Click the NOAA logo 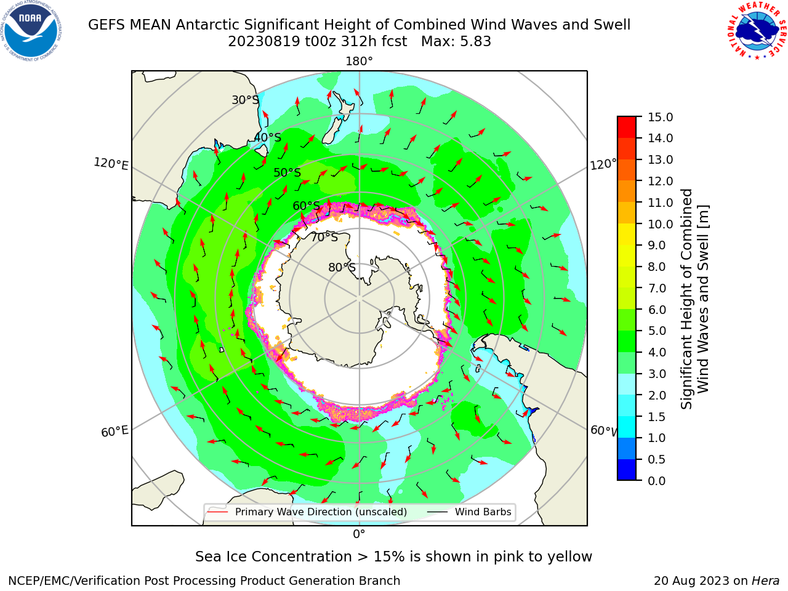point(31,31)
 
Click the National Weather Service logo point(757,31)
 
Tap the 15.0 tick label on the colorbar point(660,117)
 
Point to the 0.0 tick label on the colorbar point(657,481)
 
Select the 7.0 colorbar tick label point(657,288)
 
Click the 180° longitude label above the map point(359,62)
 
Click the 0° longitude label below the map point(359,534)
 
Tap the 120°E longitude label point(111,164)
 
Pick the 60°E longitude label point(115,432)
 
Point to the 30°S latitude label point(245,100)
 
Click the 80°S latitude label point(342,267)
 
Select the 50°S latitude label point(287,172)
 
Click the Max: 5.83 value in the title point(456,41)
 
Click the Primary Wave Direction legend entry point(308,512)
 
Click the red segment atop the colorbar point(627,127)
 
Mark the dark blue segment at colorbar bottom point(627,470)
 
